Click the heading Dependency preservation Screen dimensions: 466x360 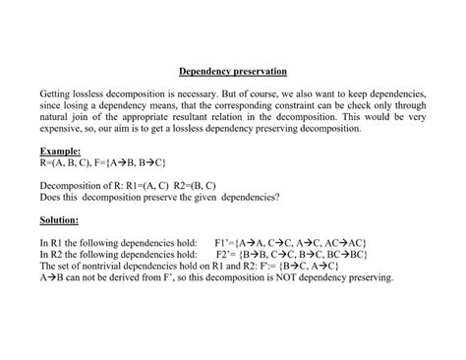(x=233, y=71)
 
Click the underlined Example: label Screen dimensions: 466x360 (x=59, y=150)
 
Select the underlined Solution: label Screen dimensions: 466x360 (x=60, y=219)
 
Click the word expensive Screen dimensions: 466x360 (x=63, y=128)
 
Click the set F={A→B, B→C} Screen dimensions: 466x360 (x=130, y=160)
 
